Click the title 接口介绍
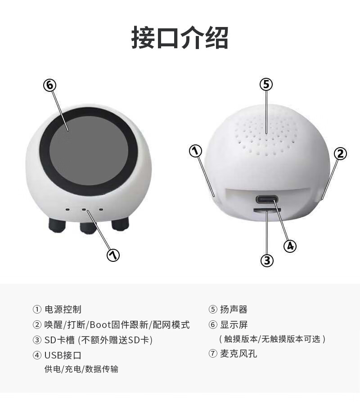coord(180,38)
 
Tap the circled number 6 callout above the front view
coord(50,85)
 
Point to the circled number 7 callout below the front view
coord(113,255)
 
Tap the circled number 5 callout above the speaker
coord(266,84)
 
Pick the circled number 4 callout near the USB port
coord(290,246)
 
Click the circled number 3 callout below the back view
coord(267,260)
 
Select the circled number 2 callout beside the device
coord(340,154)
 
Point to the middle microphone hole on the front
coord(84,210)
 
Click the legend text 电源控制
coord(63,310)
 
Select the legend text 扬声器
coord(234,310)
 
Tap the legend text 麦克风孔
coord(238,354)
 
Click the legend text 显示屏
coord(234,325)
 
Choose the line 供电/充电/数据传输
coord(81,369)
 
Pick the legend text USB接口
coord(63,355)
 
